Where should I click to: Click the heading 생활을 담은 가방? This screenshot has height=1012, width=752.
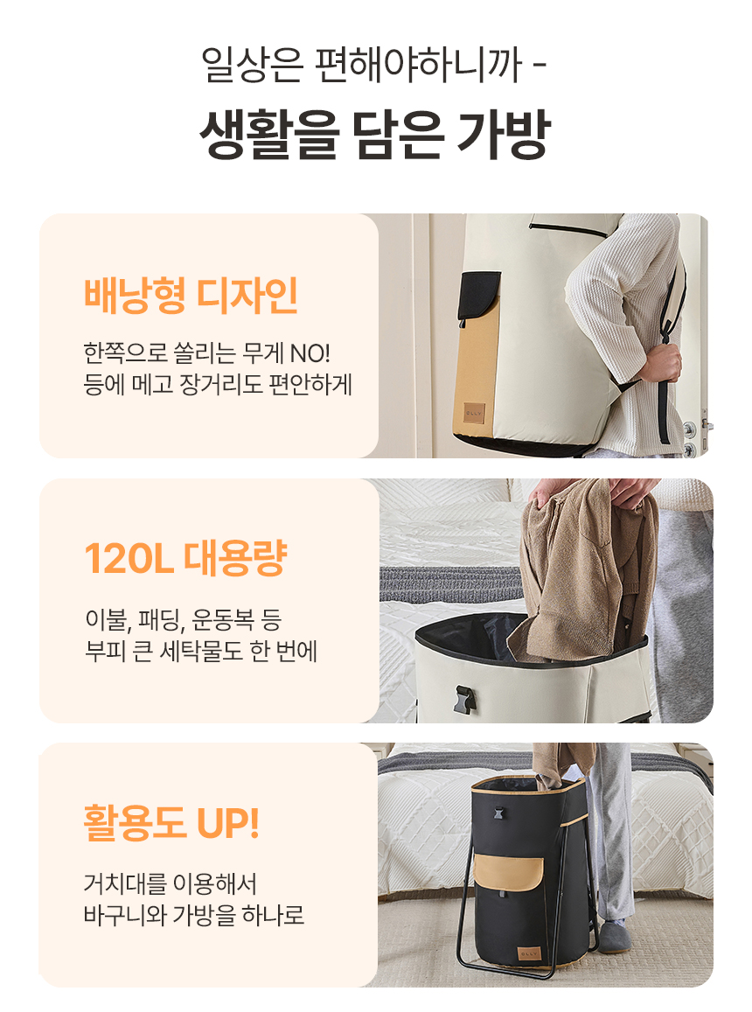click(374, 134)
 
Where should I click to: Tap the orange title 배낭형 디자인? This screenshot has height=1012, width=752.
click(191, 296)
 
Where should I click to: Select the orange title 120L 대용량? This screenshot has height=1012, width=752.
click(186, 558)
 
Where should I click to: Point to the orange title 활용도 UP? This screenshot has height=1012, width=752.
click(171, 822)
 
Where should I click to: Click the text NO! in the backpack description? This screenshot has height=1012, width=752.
click(310, 353)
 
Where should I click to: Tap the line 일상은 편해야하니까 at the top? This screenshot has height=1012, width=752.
click(362, 65)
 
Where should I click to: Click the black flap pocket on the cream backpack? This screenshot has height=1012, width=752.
click(478, 296)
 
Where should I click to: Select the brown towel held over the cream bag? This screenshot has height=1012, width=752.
click(584, 568)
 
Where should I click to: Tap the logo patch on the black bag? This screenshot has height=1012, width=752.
click(529, 953)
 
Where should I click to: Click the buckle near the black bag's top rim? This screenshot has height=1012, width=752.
click(498, 812)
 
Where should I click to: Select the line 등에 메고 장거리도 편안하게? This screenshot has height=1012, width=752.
click(218, 385)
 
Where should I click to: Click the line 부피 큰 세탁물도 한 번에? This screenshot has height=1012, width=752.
click(201, 651)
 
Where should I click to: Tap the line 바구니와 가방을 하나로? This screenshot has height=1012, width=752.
click(193, 915)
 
